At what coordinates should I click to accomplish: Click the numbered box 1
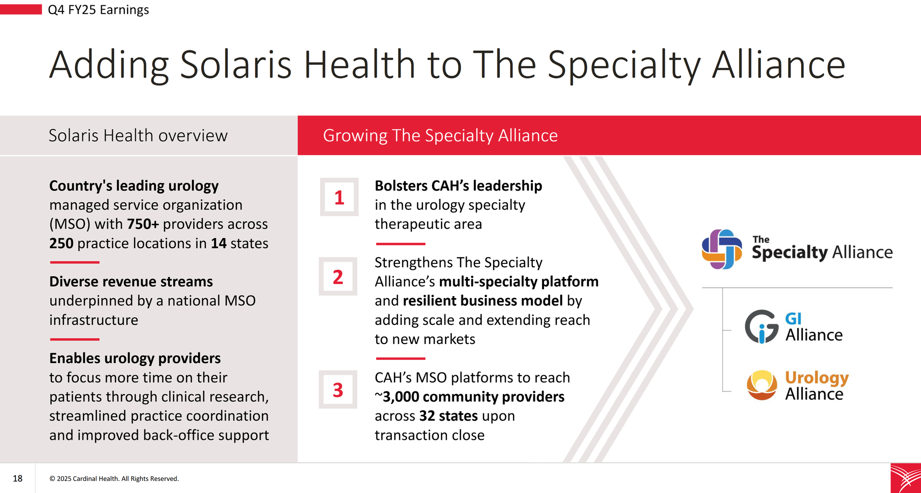(339, 197)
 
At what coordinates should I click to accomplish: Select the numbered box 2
(338, 276)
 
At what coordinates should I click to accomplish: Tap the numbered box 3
(338, 390)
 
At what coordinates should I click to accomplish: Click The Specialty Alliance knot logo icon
(721, 249)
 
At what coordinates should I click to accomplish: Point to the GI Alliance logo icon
(761, 327)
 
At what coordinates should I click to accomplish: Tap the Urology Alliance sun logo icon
(762, 385)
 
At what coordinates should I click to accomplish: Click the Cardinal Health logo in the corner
(906, 478)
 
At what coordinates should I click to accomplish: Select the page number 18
(18, 478)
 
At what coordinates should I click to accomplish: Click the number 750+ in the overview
(143, 224)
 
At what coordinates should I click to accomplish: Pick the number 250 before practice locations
(61, 243)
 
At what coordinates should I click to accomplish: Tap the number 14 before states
(219, 243)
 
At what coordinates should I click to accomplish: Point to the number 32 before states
(427, 416)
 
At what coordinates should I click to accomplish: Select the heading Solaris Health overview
(138, 136)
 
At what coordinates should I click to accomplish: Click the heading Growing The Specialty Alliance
(440, 136)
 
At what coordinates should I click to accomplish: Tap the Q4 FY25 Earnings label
(98, 10)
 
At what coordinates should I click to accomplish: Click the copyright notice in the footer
(114, 479)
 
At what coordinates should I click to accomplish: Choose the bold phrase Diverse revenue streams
(131, 282)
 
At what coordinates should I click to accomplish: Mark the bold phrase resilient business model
(483, 301)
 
